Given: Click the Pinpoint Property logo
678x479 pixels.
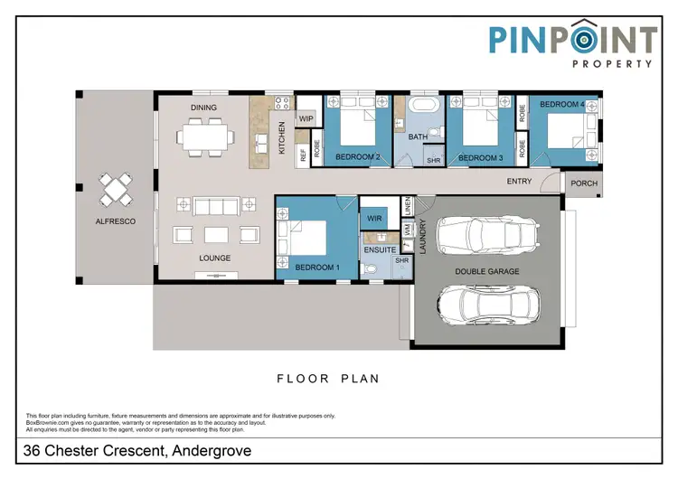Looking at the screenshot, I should tap(573, 45).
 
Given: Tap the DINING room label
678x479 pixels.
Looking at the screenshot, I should tap(203, 108).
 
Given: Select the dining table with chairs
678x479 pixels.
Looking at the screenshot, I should tap(204, 138).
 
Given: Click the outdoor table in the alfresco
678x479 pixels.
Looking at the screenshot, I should tap(115, 189).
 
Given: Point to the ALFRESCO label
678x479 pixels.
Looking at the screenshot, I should tap(115, 221).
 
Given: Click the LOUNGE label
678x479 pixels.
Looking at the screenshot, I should tap(215, 258).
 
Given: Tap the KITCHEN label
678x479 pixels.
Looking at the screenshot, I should tap(282, 137).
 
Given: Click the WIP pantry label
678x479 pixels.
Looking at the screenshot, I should tap(306, 118).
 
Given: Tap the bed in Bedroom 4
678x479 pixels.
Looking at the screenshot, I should tap(566, 134).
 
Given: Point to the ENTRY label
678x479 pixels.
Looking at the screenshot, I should tap(519, 182).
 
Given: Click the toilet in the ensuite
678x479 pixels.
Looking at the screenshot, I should tap(370, 268).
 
